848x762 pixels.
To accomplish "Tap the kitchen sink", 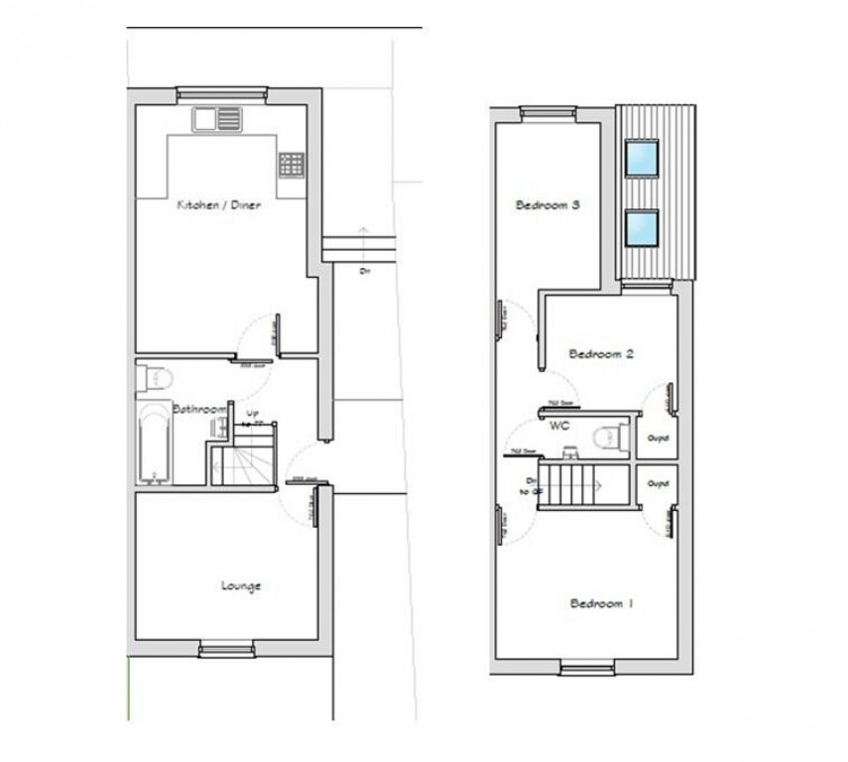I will tap(217, 119).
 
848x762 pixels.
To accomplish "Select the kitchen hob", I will tap(291, 164).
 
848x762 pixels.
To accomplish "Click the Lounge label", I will tap(240, 585).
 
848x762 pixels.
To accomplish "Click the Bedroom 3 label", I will tap(546, 205).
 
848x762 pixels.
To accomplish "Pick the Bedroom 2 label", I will tap(600, 352).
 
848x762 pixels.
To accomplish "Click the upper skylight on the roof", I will tap(642, 157).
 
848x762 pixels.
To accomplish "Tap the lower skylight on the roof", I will tap(642, 227).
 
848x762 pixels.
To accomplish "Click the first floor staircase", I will tap(572, 485).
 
